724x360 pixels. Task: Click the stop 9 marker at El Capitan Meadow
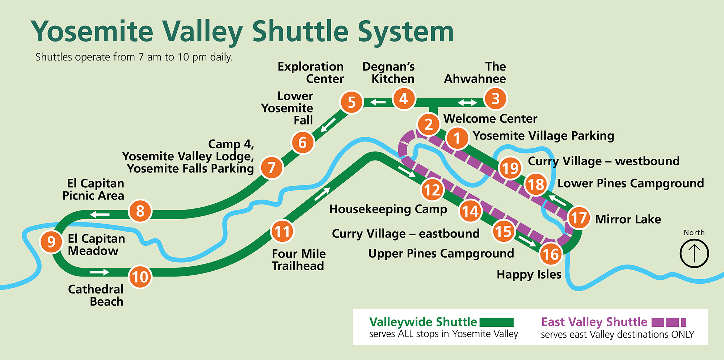51,242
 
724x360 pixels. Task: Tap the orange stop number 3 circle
495,99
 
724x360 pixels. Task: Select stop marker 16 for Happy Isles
551,254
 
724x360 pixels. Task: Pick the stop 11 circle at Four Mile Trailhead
282,231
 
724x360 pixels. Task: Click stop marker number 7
271,168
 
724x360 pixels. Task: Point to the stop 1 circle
457,138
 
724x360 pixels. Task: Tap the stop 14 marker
470,211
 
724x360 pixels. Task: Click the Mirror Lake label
628,219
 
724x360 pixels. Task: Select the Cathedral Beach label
96,295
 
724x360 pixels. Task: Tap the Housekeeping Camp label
388,209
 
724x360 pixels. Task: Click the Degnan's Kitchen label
389,73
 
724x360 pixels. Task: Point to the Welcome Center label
490,119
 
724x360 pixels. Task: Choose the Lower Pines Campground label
631,183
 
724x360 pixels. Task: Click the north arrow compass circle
694,253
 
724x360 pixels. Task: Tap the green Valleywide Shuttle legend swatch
496,322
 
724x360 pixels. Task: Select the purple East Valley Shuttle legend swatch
668,322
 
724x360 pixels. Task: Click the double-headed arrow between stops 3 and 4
467,103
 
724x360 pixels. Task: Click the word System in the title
406,32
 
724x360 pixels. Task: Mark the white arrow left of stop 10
99,272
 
